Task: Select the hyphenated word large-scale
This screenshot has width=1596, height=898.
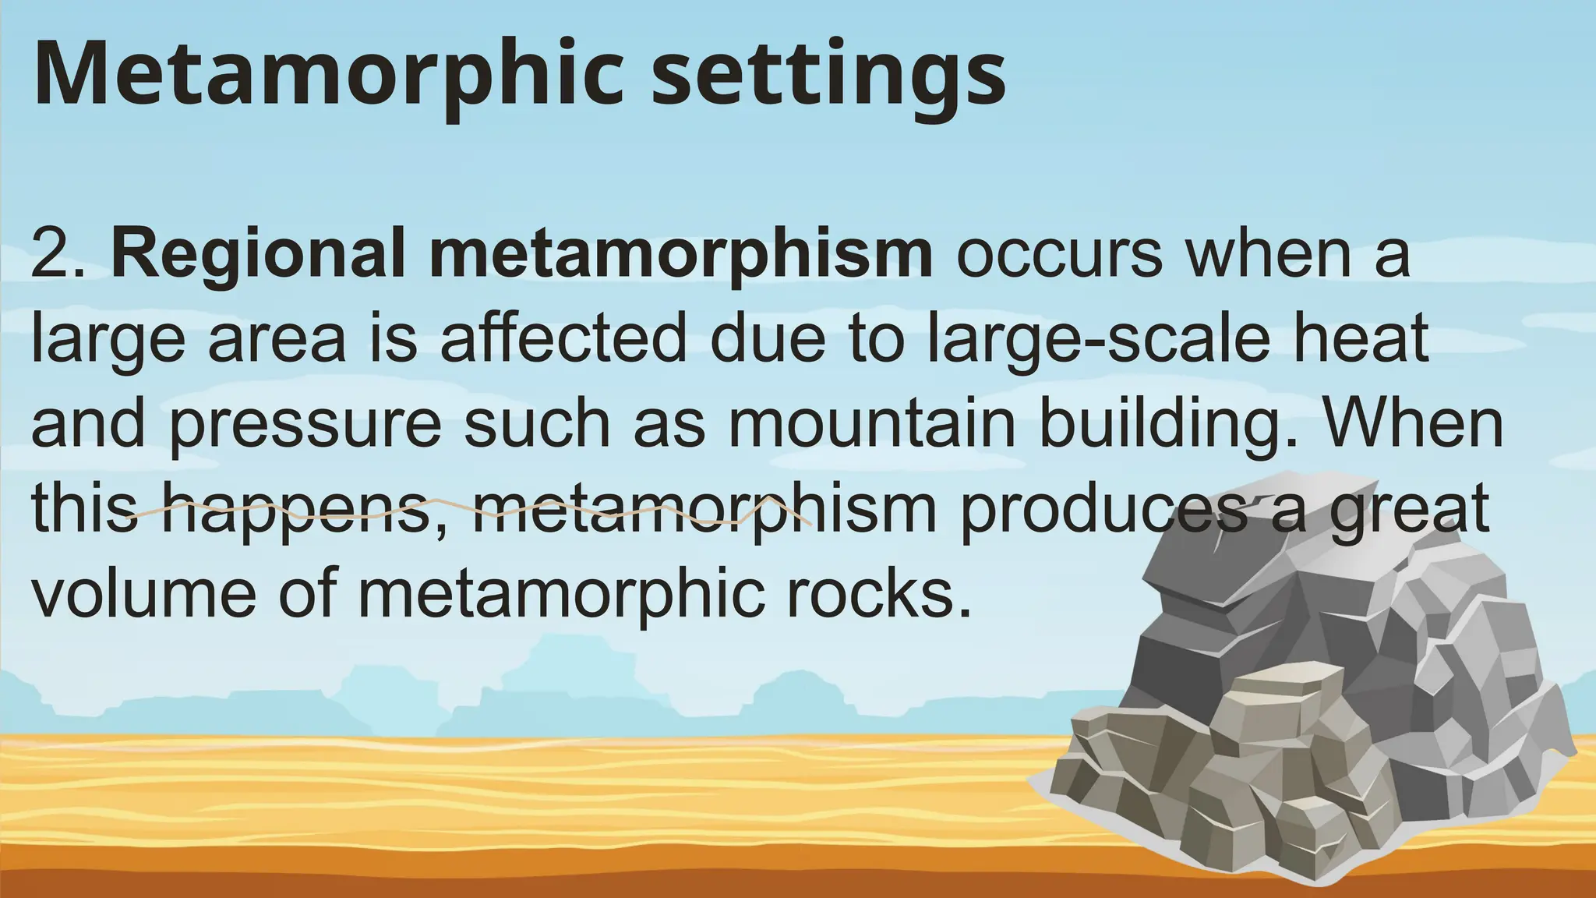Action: [x=1098, y=340]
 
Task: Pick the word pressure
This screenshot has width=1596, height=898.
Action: [x=305, y=426]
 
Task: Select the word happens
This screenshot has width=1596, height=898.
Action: [x=296, y=511]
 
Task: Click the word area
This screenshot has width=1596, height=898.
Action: [x=277, y=340]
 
